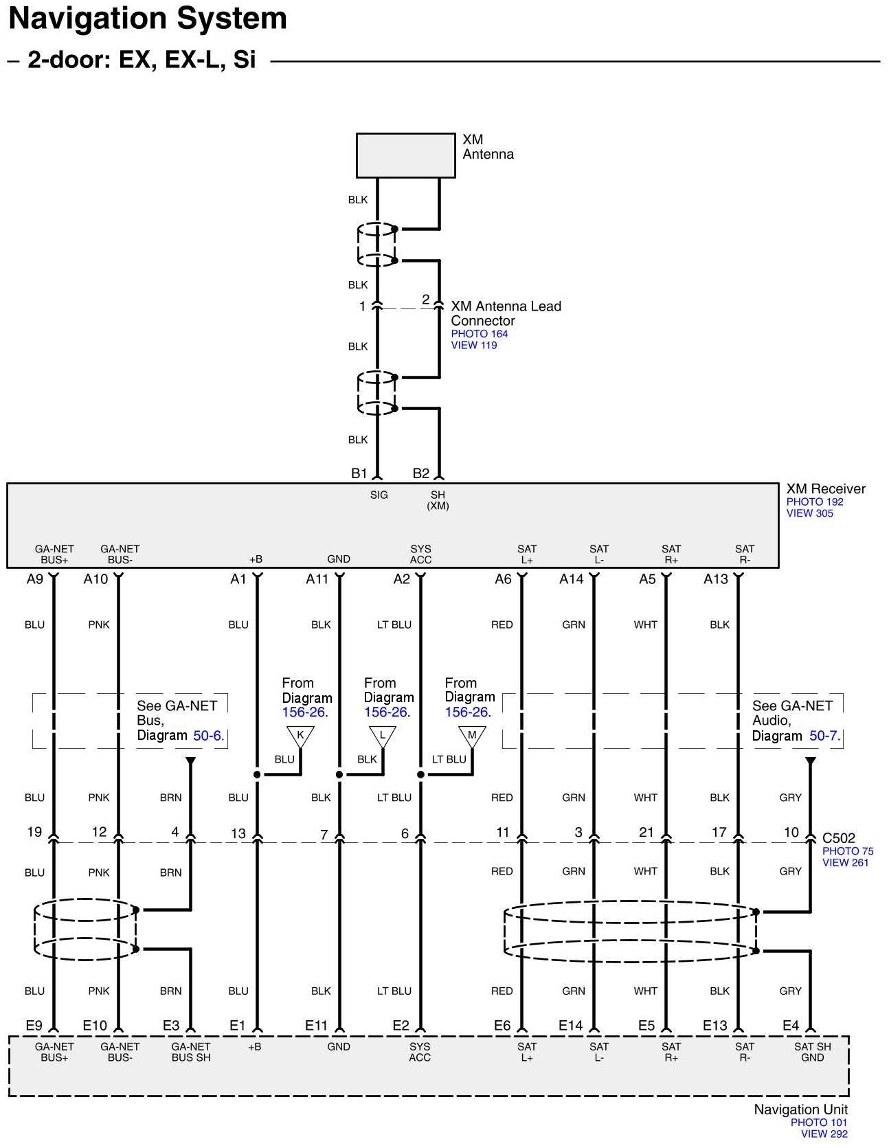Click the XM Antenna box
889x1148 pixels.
[x=405, y=155]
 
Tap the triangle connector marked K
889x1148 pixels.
[x=300, y=736]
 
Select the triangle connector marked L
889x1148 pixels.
[x=383, y=736]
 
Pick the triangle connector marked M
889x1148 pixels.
[x=472, y=736]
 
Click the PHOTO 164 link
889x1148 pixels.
[x=479, y=334]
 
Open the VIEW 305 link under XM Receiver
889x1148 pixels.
[x=809, y=513]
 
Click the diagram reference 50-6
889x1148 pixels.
[x=207, y=736]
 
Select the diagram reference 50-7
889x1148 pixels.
[x=823, y=736]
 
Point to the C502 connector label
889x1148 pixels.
[x=839, y=838]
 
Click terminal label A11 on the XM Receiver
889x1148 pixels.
[x=317, y=579]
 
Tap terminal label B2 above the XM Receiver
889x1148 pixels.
[x=420, y=473]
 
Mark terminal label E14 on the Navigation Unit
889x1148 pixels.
[x=570, y=1026]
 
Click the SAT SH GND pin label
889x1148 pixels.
[x=812, y=1052]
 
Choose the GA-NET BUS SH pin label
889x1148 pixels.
[x=191, y=1052]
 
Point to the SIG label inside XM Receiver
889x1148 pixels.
[x=379, y=495]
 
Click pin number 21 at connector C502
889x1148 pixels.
[x=646, y=832]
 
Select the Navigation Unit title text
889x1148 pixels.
[x=800, y=1110]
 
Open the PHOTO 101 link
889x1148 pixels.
[x=818, y=1123]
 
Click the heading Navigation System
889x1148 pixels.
[x=148, y=19]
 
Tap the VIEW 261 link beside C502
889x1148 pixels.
[x=845, y=863]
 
